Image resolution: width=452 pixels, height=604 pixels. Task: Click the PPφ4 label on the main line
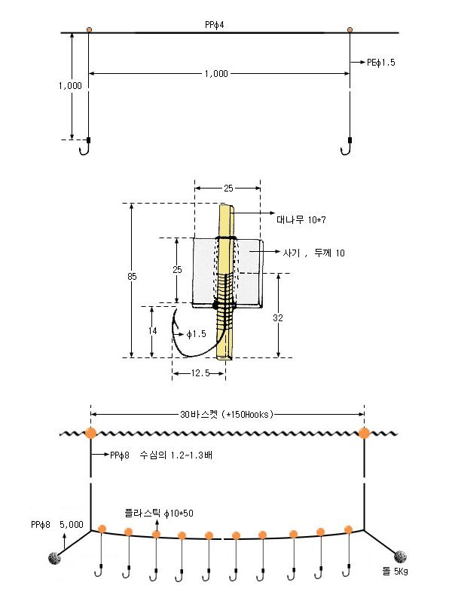[214, 25]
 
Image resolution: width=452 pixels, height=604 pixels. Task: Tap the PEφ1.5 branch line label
[381, 63]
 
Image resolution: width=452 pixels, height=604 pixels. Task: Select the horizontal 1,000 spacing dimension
[216, 74]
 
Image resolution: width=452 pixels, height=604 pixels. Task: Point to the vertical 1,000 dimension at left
[70, 85]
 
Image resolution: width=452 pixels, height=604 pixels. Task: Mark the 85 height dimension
[132, 276]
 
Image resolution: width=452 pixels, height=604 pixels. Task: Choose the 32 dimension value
[278, 317]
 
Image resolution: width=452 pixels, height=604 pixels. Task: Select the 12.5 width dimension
[200, 373]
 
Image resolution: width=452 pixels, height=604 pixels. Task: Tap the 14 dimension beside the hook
[153, 330]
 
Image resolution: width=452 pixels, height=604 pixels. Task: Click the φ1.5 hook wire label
[196, 334]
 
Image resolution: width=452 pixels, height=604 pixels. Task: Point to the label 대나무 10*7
[301, 219]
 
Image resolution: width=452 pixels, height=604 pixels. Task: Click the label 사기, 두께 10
[314, 253]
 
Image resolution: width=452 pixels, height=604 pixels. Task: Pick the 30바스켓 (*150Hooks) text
[227, 415]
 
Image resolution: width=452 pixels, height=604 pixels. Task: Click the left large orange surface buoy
[91, 433]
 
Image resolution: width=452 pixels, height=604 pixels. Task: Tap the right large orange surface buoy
[364, 433]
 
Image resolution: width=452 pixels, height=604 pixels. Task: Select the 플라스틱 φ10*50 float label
[159, 513]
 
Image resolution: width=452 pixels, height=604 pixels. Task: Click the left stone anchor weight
[55, 558]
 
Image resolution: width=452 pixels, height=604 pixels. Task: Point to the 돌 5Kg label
[395, 572]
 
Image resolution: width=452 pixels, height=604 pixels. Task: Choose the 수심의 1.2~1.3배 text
[176, 455]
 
